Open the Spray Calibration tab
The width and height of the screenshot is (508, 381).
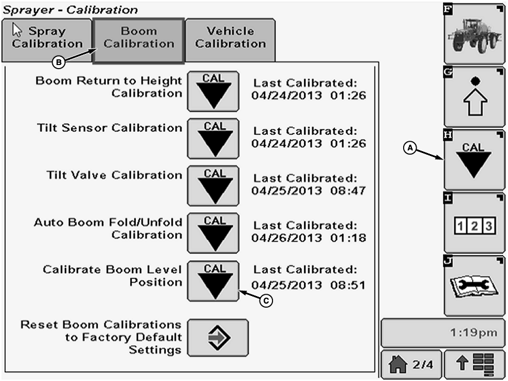tap(47, 38)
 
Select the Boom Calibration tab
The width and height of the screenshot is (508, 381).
tap(139, 39)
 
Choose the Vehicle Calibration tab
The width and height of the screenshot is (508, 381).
tap(230, 38)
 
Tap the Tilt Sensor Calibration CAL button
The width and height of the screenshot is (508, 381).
tap(213, 138)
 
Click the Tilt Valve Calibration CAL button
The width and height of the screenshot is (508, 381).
tap(213, 185)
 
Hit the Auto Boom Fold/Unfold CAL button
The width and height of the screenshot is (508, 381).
tap(213, 233)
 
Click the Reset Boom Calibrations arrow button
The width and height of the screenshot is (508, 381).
tap(219, 338)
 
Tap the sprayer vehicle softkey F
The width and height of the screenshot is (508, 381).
tap(473, 33)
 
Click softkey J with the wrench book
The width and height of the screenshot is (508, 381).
tap(473, 285)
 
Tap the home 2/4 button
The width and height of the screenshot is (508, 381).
tap(411, 364)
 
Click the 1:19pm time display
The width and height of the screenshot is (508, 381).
tap(442, 332)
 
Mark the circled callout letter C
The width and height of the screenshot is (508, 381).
tap(267, 300)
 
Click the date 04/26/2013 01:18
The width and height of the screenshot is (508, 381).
tap(308, 237)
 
